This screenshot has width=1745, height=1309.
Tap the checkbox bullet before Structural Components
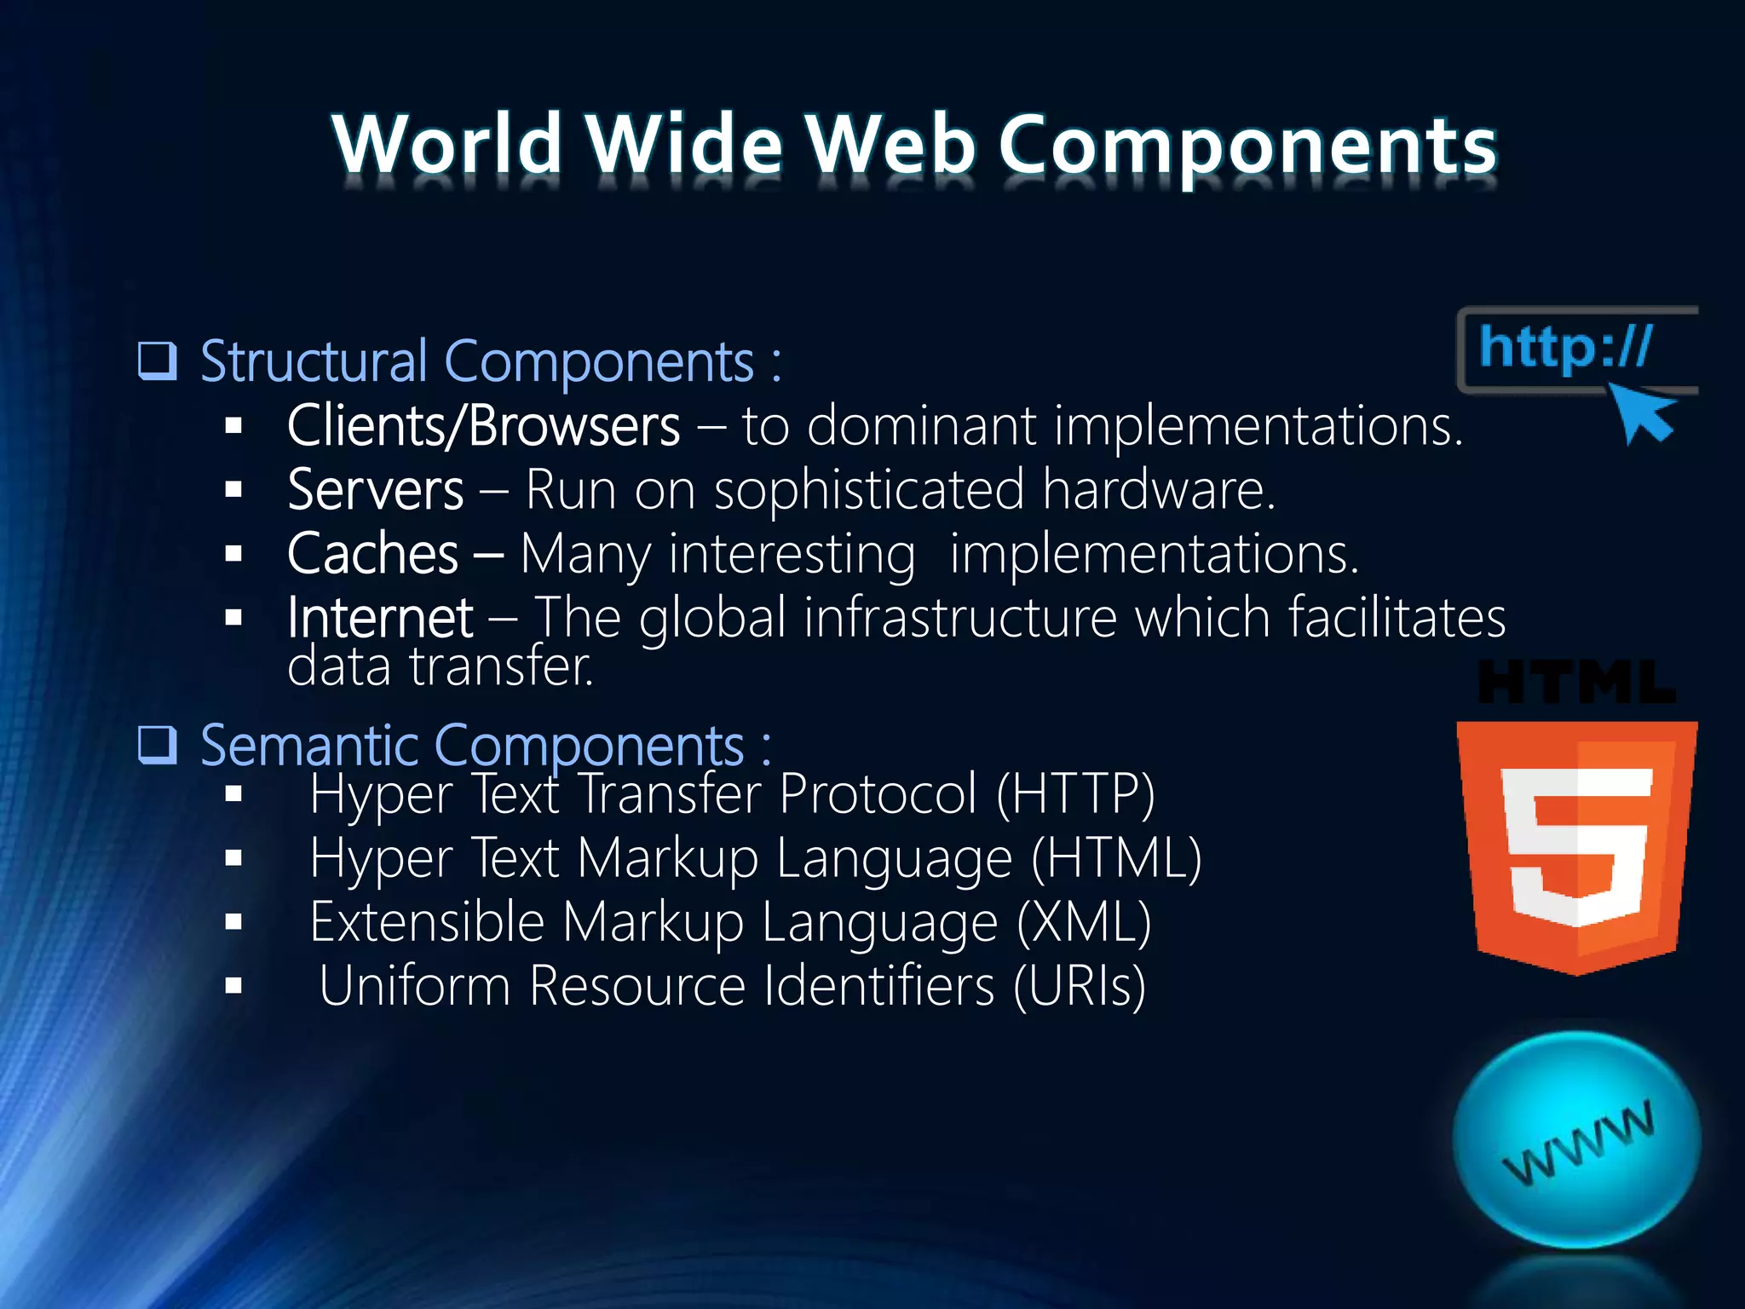(158, 360)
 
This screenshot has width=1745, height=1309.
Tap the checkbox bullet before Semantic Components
(158, 745)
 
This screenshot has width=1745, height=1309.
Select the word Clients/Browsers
(483, 425)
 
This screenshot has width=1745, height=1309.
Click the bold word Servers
(375, 490)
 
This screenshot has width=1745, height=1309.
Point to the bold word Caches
(372, 554)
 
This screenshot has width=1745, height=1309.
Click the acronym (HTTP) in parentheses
(1075, 794)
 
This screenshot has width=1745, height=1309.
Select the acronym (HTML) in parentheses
(1116, 858)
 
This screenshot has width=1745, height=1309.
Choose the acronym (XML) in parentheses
(1084, 922)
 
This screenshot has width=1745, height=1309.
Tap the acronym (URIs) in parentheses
(1080, 986)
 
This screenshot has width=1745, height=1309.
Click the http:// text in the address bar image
(1565, 348)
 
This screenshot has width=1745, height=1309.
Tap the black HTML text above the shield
(1576, 683)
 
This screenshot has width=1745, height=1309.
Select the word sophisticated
(869, 490)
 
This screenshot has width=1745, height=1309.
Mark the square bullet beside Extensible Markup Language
(234, 922)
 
